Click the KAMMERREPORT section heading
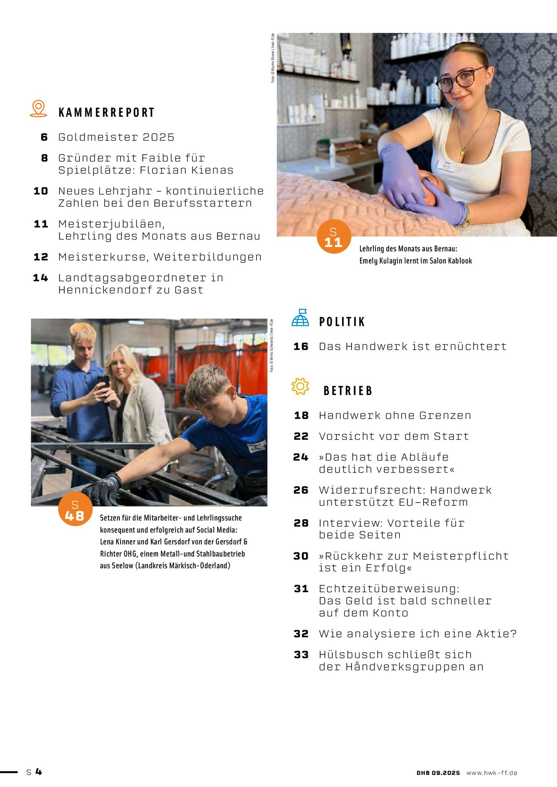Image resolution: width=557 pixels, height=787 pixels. coord(107,112)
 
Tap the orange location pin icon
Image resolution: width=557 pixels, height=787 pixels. coord(38,108)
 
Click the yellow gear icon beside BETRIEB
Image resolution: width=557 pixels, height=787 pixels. coord(300,386)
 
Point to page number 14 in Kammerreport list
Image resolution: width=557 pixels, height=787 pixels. coord(40,278)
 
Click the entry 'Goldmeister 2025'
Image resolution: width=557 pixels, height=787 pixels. coord(116,137)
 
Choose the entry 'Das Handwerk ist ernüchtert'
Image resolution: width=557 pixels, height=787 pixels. coord(412,346)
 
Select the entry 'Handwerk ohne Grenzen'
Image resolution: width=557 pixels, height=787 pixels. coord(395,416)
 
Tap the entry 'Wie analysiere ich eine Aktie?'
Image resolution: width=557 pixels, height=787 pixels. coord(418,634)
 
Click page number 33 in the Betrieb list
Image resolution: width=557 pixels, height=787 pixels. coord(301,655)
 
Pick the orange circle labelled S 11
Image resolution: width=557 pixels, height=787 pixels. coord(334,237)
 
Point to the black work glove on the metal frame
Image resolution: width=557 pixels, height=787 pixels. coord(103,489)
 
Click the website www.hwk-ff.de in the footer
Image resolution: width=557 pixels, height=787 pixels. coord(492,773)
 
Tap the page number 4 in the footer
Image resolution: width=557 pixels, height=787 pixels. coord(39,771)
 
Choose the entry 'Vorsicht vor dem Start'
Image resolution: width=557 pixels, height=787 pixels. coord(394,437)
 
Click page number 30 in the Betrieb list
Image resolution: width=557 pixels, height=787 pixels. coord(301,556)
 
